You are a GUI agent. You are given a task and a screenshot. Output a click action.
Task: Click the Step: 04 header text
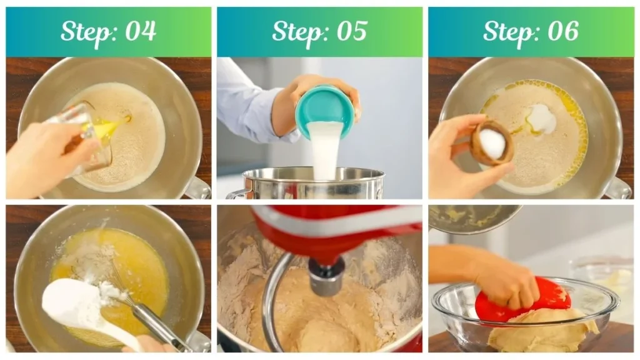[108, 31]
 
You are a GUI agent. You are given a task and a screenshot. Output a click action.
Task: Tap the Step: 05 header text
[319, 31]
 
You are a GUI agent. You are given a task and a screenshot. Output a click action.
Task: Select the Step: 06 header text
[531, 31]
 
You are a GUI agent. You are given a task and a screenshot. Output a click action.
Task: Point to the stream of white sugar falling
[325, 150]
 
